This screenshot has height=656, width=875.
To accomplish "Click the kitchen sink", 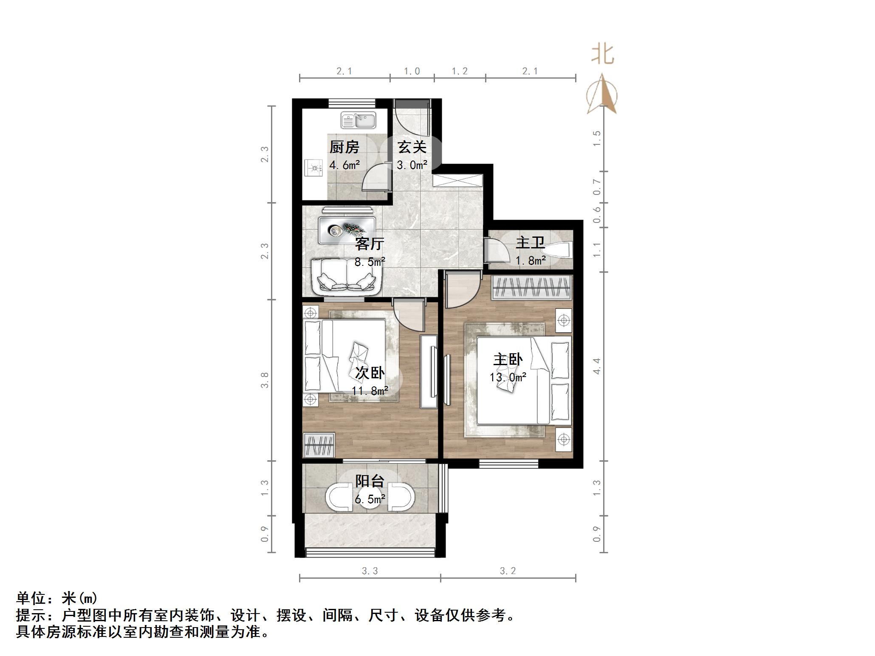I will click(358, 120).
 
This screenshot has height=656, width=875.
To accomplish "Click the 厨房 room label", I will click(344, 147).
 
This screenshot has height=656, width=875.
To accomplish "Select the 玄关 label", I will click(412, 147).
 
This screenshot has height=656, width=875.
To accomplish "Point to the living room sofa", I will click(345, 277).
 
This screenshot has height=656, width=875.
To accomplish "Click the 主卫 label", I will click(530, 243).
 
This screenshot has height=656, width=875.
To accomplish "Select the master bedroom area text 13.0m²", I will click(508, 377).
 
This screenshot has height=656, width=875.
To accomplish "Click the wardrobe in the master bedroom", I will click(531, 287).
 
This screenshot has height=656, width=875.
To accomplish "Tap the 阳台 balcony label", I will click(370, 481).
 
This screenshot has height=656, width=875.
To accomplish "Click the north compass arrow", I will click(602, 96).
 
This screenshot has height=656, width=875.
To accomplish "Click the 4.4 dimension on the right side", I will click(597, 366).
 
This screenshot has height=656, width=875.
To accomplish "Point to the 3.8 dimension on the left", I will click(265, 380).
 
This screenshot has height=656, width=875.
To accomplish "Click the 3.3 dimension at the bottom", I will click(370, 571).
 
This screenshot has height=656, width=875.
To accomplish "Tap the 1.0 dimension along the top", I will click(412, 71).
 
